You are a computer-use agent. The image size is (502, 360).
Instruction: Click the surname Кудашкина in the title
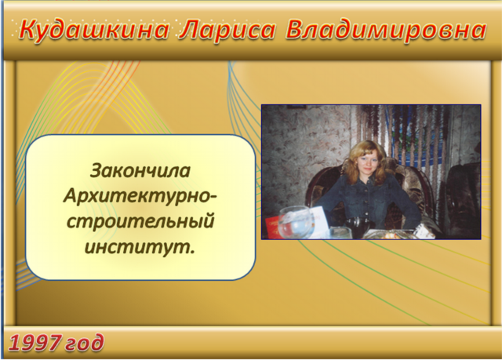pyautogui.click(x=94, y=31)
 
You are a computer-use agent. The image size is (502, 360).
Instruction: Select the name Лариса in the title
pyautogui.click(x=227, y=31)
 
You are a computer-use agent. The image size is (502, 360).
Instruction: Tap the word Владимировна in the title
pyautogui.click(x=386, y=31)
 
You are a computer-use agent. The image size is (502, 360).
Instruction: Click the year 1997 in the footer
pyautogui.click(x=35, y=343)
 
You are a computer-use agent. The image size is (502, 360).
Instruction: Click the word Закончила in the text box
pyautogui.click(x=140, y=170)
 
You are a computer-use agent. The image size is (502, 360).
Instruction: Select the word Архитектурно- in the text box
pyautogui.click(x=140, y=195)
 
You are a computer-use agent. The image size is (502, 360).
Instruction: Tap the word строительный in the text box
pyautogui.click(x=140, y=221)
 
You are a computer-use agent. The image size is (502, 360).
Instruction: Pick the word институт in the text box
pyautogui.click(x=137, y=247)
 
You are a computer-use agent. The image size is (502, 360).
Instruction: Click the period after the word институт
pyautogui.click(x=192, y=253)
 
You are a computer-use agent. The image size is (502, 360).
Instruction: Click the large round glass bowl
pyautogui.click(x=295, y=223)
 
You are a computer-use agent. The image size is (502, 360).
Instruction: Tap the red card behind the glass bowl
pyautogui.click(x=273, y=227)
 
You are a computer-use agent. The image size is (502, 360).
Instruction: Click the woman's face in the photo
pyautogui.click(x=367, y=162)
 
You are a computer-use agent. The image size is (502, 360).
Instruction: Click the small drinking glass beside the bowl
pyautogui.click(x=340, y=233)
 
